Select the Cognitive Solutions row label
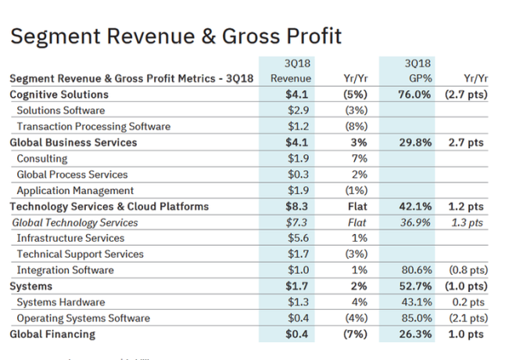(59, 95)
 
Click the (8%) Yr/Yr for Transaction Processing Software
(356, 127)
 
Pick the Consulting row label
(42, 159)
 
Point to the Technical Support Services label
(80, 254)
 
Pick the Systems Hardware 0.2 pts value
(467, 303)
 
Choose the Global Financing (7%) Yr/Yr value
(356, 334)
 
